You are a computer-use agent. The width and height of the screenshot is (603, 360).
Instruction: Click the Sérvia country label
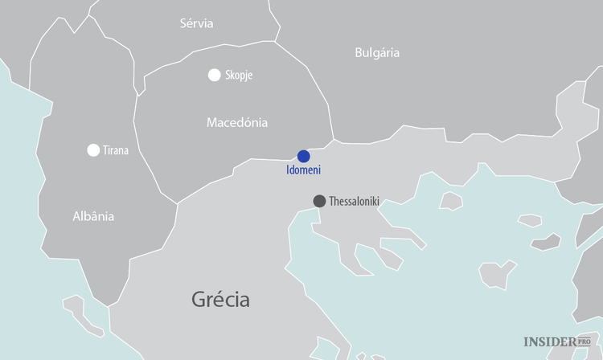(x=197, y=23)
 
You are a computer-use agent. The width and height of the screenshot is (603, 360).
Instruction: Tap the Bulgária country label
(x=377, y=53)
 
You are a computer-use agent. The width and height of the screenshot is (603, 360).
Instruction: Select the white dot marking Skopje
(x=214, y=75)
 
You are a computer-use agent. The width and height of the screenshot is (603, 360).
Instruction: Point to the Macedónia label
(x=237, y=123)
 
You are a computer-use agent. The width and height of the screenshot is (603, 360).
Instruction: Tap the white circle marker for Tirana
(x=93, y=149)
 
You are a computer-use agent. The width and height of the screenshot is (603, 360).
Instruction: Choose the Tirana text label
(x=116, y=150)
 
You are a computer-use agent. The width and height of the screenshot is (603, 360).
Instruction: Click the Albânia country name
(x=93, y=216)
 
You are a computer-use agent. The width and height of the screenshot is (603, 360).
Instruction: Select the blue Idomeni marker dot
(x=303, y=156)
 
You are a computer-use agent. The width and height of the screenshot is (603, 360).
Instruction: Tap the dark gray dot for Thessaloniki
(x=319, y=201)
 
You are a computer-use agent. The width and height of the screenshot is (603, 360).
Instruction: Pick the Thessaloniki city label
(x=354, y=201)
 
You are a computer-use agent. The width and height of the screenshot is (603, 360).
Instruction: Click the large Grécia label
(x=220, y=301)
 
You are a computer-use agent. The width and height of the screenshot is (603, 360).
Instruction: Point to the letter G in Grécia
(x=199, y=301)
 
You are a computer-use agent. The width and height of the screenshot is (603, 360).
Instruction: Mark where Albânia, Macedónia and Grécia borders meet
(x=177, y=202)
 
